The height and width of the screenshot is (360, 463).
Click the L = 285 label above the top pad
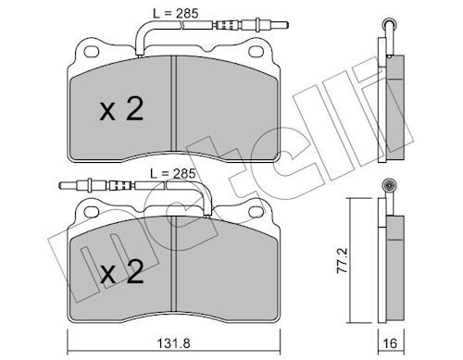point(176,14)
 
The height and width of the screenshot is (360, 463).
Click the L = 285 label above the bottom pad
point(173,174)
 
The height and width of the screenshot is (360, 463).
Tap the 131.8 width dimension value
point(174,343)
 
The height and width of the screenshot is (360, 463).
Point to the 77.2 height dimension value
point(343,260)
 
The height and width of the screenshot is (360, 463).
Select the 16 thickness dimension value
point(390,343)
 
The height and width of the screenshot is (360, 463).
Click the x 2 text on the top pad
point(121,109)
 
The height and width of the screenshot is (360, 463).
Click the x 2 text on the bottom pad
point(121,272)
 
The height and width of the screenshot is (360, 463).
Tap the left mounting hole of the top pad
point(92,52)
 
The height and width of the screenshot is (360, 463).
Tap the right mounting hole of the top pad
point(257,52)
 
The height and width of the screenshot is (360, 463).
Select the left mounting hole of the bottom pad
point(92,212)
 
